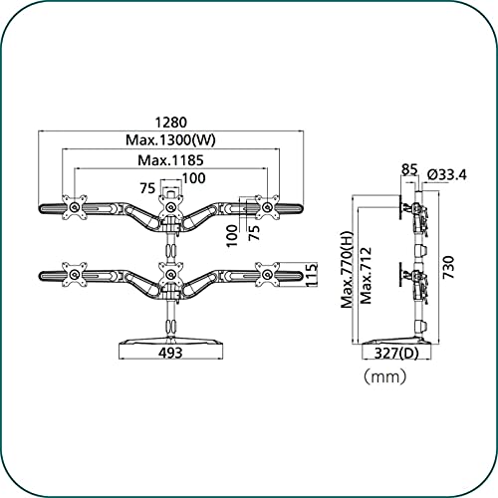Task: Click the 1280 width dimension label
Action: pos(171,123)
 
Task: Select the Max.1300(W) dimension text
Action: pos(170,140)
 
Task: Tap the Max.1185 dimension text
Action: pos(170,160)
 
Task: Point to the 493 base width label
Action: pos(170,353)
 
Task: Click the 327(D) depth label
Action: pos(396,354)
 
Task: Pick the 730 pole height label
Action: pos(448,267)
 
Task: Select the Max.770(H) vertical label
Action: pos(348,270)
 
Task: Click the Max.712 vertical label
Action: pos(366,276)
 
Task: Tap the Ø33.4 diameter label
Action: pos(447,174)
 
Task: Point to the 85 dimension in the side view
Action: pos(409,169)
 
